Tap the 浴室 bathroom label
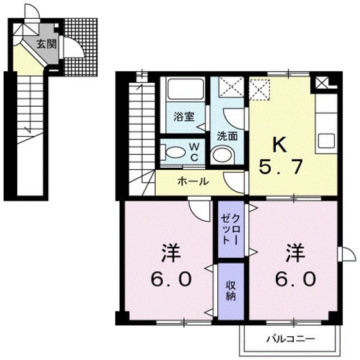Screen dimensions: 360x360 point(184,117)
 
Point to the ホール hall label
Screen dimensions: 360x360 point(192,181)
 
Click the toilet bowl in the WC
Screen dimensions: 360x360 point(172,153)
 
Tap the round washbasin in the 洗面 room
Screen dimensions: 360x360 point(222,155)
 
